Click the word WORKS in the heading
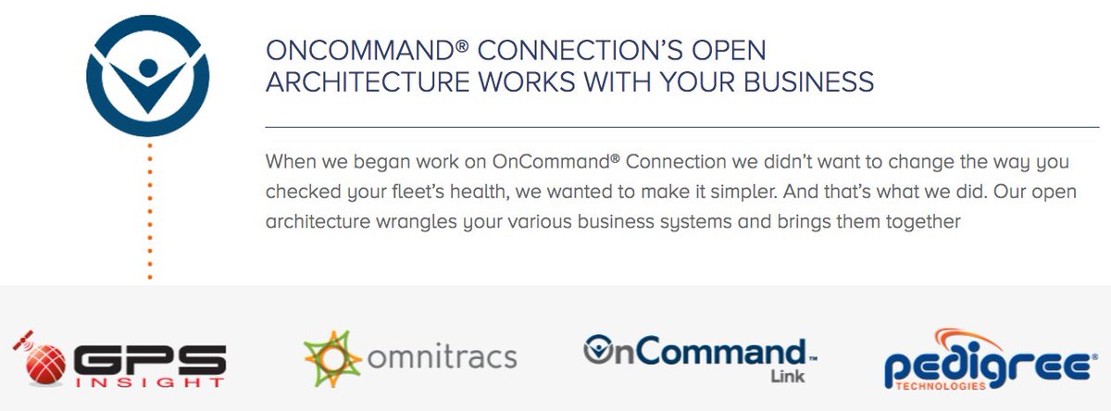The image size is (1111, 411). (518, 81)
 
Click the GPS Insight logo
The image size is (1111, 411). (120, 357)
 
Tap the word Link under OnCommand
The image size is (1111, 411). (786, 378)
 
